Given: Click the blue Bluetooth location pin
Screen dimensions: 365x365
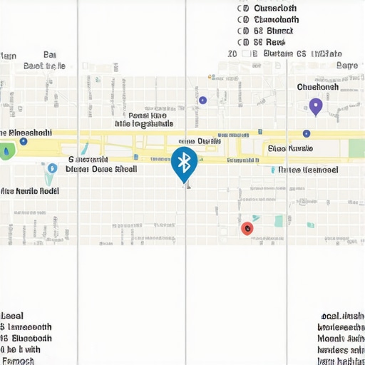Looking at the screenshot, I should tap(185, 163).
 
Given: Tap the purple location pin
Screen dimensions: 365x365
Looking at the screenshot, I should tap(315, 107).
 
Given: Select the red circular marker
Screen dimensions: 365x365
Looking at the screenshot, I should tap(247, 228).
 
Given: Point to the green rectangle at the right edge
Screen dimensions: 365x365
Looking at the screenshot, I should tap(356, 148).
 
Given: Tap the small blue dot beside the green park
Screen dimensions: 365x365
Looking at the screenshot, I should tap(24, 141).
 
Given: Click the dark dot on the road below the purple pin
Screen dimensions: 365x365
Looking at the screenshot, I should tap(307, 133).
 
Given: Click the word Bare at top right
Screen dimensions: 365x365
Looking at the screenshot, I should tap(347, 65).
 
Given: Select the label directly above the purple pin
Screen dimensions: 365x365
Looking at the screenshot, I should tap(317, 86).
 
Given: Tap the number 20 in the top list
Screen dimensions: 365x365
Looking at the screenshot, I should tap(232, 53).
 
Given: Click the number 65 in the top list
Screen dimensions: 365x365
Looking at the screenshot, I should tap(301, 53).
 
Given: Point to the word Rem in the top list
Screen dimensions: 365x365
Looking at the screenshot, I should tap(275, 43).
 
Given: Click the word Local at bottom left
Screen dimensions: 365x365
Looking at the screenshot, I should tap(12, 315).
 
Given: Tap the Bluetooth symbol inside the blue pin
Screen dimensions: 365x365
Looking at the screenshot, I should tap(185, 161).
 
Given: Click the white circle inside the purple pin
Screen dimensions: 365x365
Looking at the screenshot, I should tap(315, 106).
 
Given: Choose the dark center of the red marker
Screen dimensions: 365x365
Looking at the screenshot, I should tap(247, 228).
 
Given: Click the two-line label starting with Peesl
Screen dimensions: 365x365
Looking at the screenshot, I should tap(143, 119).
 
